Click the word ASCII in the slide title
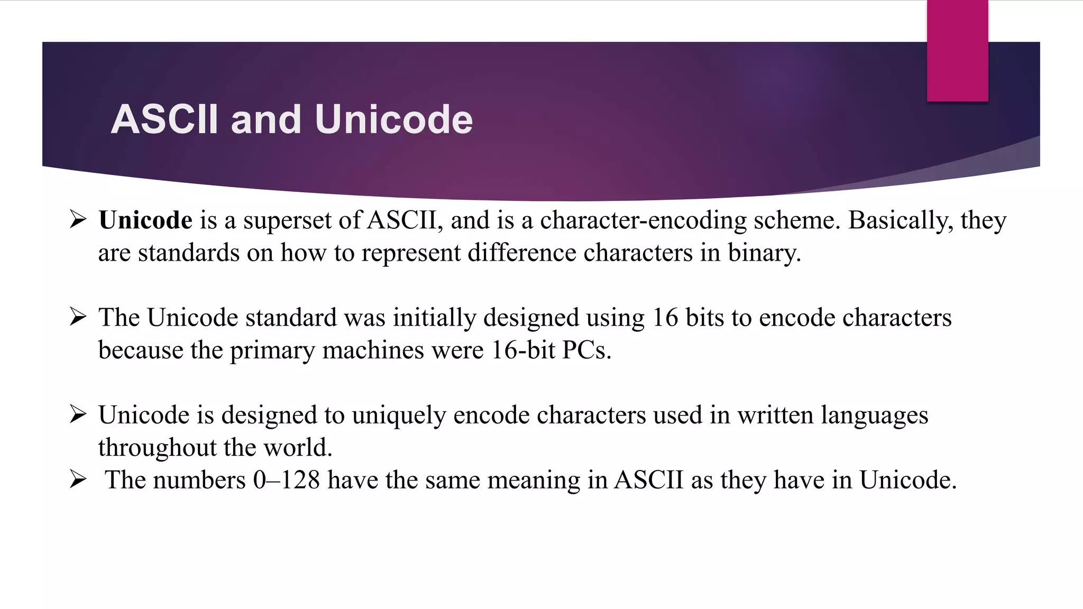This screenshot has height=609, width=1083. [x=164, y=119]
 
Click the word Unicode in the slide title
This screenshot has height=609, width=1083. [x=393, y=119]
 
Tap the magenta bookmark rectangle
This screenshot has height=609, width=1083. [x=957, y=51]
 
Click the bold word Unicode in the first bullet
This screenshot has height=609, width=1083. [x=145, y=220]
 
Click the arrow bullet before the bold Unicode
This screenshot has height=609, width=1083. [x=78, y=219]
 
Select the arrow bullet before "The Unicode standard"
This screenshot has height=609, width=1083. [x=78, y=317]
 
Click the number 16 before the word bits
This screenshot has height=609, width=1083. [x=665, y=318]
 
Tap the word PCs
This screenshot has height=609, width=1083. [x=586, y=350]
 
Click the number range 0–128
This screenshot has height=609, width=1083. [x=286, y=480]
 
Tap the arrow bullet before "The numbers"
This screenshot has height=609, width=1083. [x=78, y=480]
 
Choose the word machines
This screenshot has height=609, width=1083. [x=373, y=350]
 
